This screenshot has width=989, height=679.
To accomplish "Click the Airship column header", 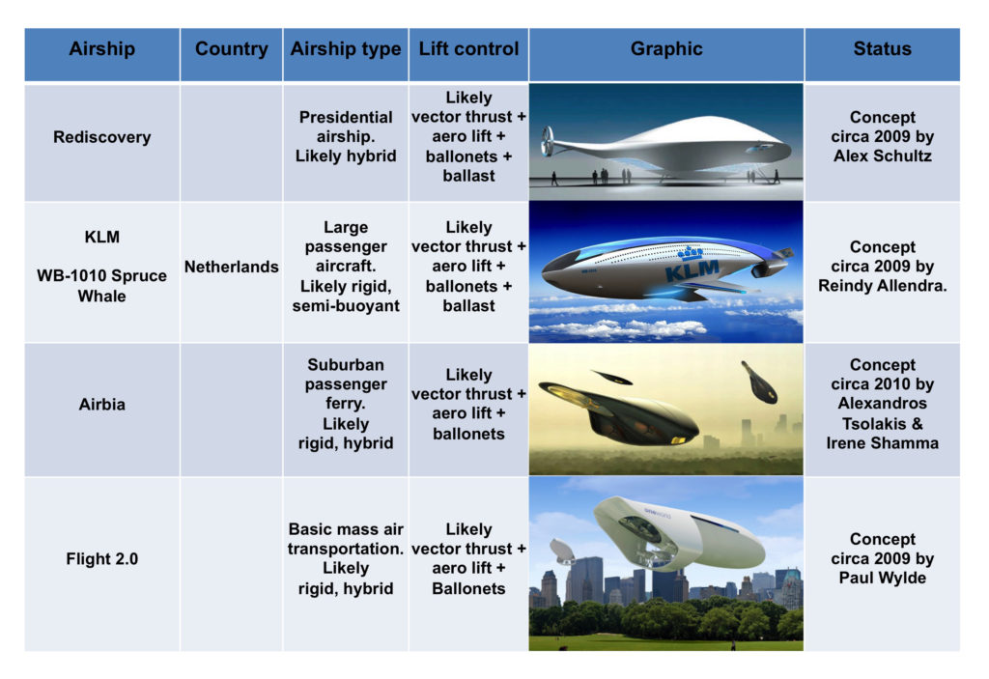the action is tap(101, 49).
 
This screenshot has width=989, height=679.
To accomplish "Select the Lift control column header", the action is tap(468, 49).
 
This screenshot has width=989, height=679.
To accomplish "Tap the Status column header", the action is tap(882, 49).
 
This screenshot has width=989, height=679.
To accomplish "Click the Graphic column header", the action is tap(666, 49).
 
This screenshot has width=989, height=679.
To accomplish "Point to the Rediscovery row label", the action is tap(101, 137).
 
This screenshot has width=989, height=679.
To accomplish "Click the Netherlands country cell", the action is tap(232, 267).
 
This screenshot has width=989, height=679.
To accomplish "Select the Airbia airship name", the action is tap(101, 404).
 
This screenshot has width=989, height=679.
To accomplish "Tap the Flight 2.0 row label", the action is tap(101, 559).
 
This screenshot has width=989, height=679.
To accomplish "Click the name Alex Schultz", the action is tap(882, 156).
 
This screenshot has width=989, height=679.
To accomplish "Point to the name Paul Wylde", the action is tap(882, 578).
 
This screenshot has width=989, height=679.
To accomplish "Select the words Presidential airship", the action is tap(346, 127).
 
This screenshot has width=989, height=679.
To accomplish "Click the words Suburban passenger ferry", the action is tap(346, 383).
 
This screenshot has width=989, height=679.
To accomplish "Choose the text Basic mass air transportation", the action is tap(346, 539).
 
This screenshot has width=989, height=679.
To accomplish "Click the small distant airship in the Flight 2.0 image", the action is tap(563, 552).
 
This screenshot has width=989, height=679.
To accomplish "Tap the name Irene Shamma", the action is tap(882, 443).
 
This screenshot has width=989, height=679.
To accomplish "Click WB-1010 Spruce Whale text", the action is tap(101, 286).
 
